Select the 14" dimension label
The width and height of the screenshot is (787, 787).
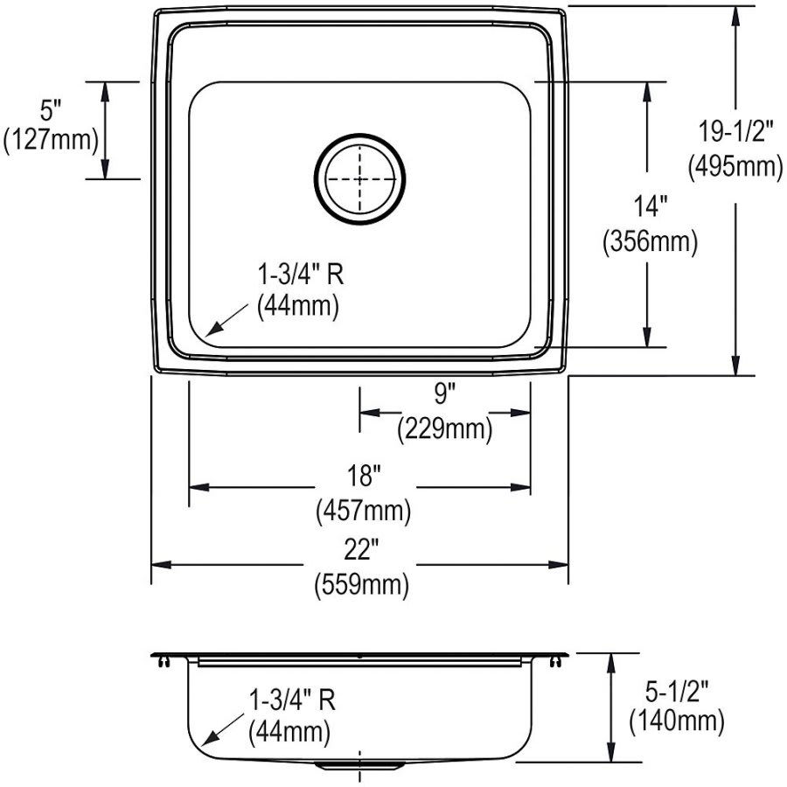pyautogui.click(x=649, y=207)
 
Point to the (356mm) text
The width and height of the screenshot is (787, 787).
pyautogui.click(x=649, y=242)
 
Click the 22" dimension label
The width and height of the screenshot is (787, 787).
pyautogui.click(x=361, y=551)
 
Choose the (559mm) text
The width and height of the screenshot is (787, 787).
pyautogui.click(x=361, y=585)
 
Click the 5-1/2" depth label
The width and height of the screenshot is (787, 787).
pyautogui.click(x=675, y=688)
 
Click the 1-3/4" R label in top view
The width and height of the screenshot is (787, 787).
pyautogui.click(x=297, y=275)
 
